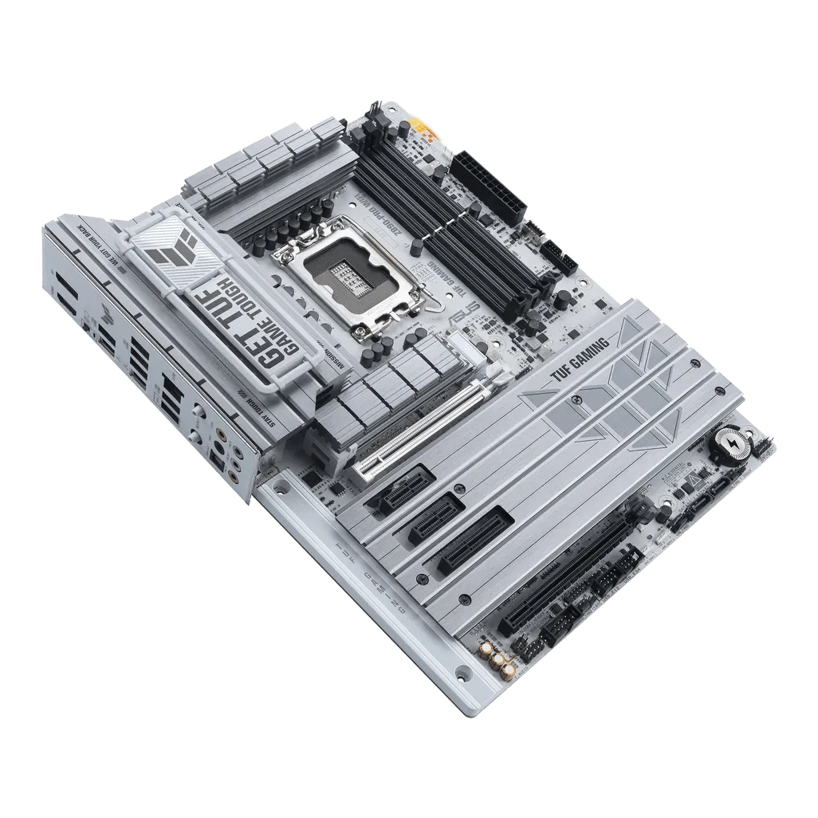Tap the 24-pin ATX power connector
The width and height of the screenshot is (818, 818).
click(x=486, y=183)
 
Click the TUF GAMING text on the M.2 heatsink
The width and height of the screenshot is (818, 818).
click(x=580, y=364)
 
